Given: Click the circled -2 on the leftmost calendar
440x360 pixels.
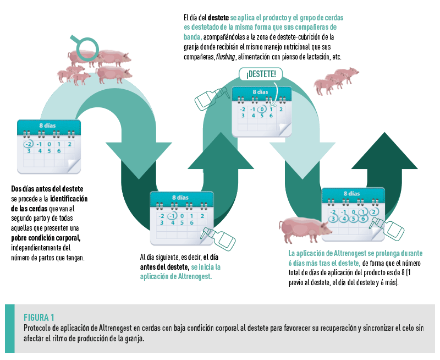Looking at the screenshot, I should point(28,144).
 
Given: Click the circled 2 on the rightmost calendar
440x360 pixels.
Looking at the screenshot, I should point(374,212).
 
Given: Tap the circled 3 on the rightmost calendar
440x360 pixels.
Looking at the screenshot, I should point(333,219).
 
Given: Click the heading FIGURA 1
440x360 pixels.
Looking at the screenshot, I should point(38,317).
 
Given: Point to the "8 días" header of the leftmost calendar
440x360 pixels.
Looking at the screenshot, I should point(49,126).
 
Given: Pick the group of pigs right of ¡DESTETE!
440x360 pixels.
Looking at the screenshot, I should point(335,80).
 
